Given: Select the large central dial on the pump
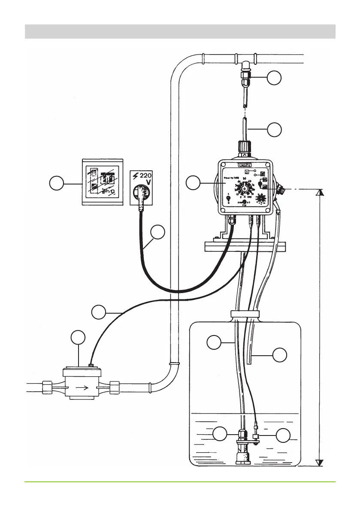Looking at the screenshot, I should [245, 189].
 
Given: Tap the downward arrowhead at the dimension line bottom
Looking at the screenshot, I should [319, 462].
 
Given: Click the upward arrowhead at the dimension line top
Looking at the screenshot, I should [319, 193].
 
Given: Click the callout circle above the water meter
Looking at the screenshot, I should [78, 337].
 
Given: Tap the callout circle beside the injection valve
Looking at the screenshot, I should [275, 78].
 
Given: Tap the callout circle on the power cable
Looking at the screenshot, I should [158, 232].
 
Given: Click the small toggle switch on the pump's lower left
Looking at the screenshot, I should [228, 199].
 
